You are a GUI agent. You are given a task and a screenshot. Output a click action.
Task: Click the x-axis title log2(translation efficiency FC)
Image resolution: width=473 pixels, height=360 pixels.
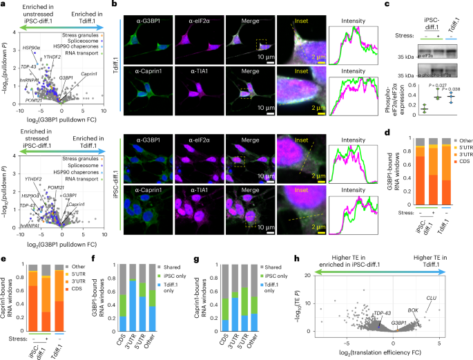click(387, 353)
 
